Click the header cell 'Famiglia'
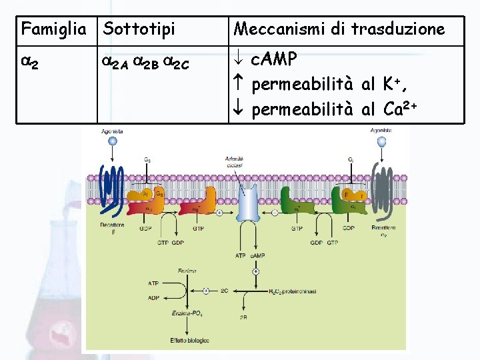coord(54,29)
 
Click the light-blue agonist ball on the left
coord(112,141)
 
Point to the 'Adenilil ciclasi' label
coord(235,161)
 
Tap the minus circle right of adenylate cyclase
coord(275,213)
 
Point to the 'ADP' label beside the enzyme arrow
coord(153,298)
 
